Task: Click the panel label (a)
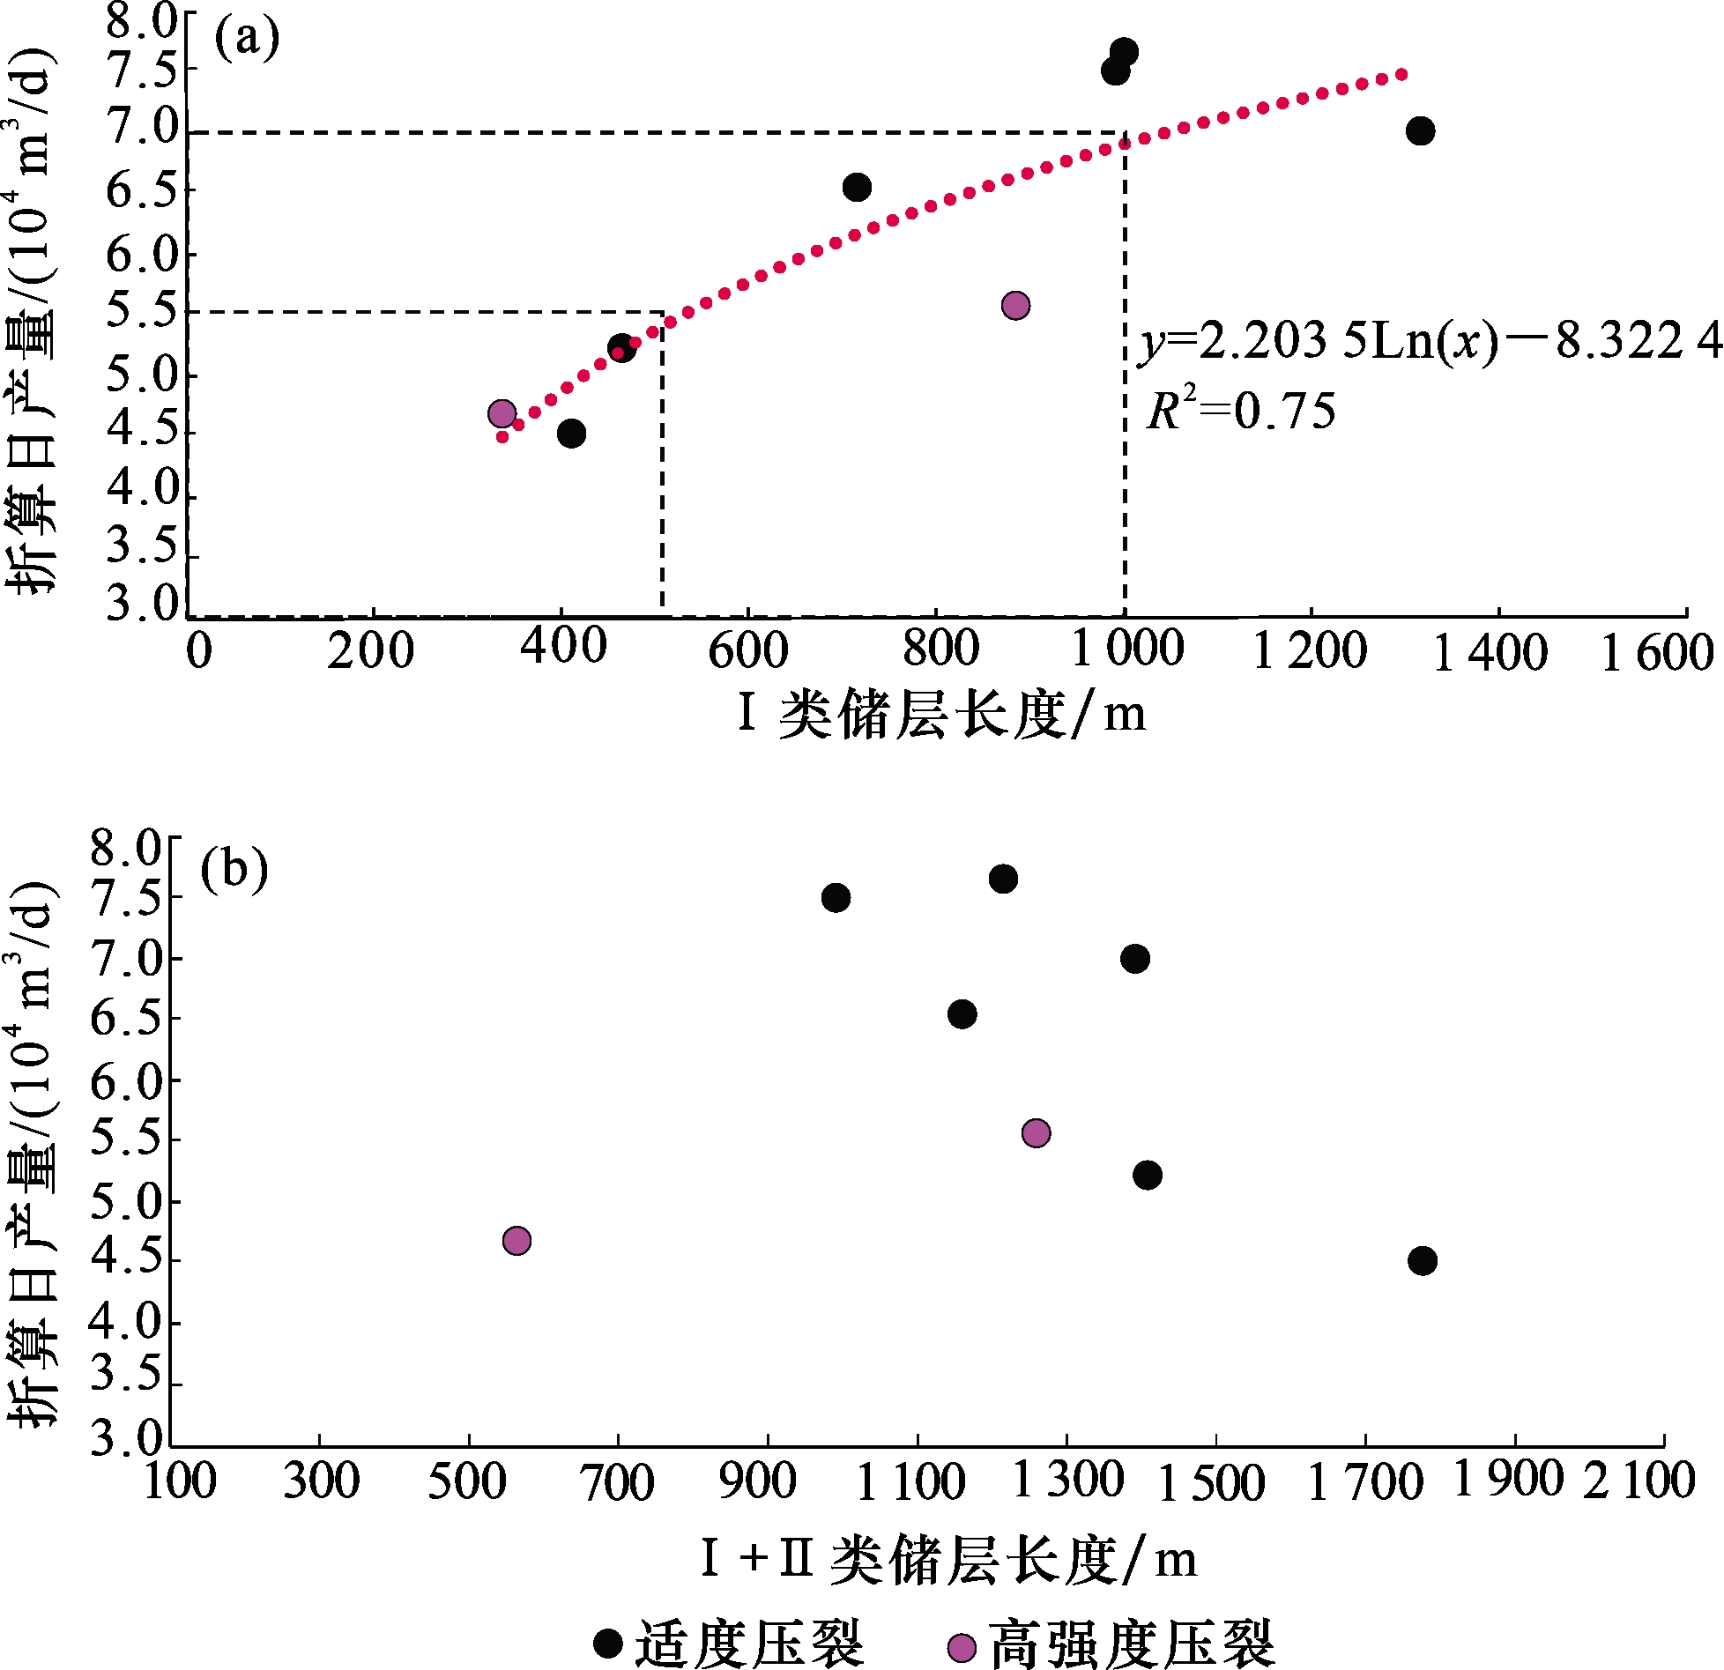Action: tap(246, 40)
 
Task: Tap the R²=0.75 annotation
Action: tap(1240, 412)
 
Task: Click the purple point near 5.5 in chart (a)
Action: tap(1015, 306)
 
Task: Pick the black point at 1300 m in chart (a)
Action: tap(1420, 131)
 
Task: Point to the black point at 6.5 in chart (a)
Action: tap(857, 187)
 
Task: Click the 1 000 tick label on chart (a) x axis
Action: tap(1127, 649)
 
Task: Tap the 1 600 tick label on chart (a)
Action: tap(1656, 654)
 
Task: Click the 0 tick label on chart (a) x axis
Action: tap(199, 651)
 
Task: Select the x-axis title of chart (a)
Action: tap(941, 714)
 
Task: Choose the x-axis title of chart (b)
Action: tap(948, 1559)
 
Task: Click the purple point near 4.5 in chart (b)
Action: tap(516, 1241)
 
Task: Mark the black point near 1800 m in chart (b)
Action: tap(1422, 1260)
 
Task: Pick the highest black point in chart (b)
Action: tap(1003, 879)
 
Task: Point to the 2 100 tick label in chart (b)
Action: tap(1639, 1480)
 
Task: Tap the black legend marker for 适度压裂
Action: tap(608, 1643)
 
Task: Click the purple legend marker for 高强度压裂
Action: tap(962, 1647)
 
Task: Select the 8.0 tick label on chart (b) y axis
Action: tap(127, 848)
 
